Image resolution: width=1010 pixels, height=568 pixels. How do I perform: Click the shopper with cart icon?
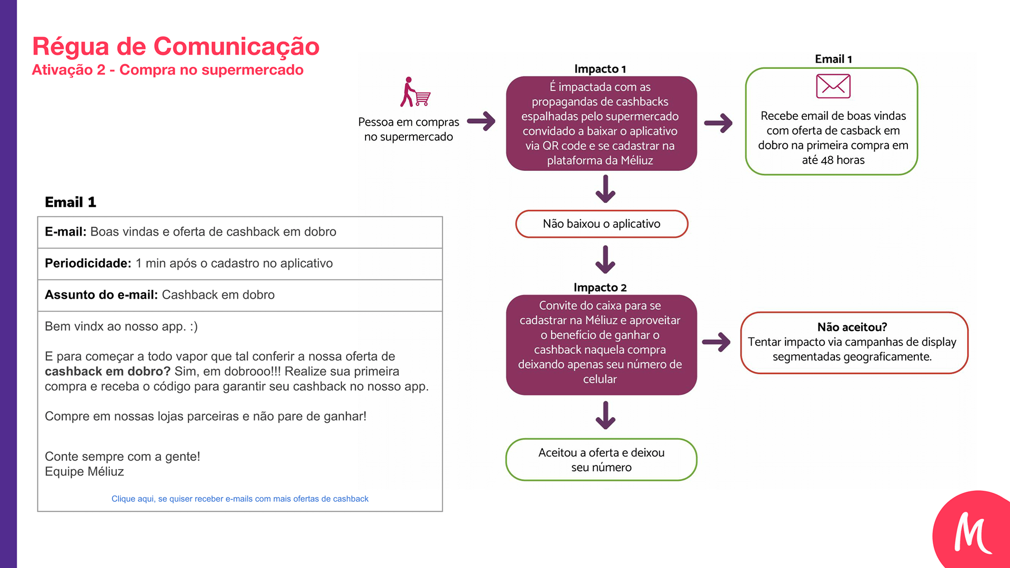click(415, 93)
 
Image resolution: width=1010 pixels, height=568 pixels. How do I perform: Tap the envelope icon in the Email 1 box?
click(833, 86)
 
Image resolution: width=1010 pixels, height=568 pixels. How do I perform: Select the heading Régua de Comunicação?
click(176, 46)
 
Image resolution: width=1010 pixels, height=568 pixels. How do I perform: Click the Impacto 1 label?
click(600, 69)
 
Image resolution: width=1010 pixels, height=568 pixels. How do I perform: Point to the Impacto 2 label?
click(600, 287)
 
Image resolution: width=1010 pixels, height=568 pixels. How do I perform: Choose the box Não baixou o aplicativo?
click(601, 224)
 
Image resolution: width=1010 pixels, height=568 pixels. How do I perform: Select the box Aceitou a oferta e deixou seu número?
click(601, 460)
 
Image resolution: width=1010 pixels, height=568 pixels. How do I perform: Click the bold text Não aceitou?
click(852, 327)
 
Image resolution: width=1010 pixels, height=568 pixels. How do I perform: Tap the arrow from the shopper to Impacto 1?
click(481, 121)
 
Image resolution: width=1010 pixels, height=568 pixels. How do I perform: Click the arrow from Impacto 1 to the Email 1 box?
click(719, 123)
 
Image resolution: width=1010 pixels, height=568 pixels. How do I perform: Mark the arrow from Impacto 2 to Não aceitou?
click(716, 342)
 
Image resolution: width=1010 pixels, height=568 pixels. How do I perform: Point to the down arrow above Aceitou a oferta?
click(605, 415)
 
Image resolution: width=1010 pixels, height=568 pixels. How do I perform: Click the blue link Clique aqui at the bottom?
click(240, 499)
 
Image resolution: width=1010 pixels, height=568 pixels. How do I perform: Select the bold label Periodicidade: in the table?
click(88, 263)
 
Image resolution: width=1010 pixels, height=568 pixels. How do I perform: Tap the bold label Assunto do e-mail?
click(101, 295)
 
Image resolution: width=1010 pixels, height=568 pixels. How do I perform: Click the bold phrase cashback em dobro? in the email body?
click(107, 371)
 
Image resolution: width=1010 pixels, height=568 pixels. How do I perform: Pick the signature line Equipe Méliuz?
click(84, 472)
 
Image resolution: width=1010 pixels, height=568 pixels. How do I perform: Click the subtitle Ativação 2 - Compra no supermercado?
click(167, 70)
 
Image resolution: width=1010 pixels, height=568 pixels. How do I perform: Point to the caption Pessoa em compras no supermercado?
click(408, 129)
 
